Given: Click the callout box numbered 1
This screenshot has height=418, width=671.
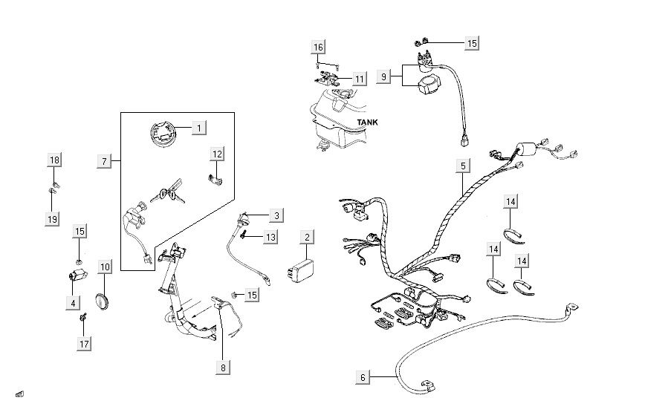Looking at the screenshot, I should pos(198,128).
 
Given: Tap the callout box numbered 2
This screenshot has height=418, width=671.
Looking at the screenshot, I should pos(306,237).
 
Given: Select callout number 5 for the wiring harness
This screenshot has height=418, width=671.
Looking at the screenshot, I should pos(462,165).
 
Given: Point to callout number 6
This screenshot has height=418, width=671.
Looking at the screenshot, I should pos(363,377).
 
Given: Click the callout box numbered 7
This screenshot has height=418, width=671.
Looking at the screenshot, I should pos(105,160).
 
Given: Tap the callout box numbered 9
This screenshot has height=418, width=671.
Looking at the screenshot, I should pos(383,76).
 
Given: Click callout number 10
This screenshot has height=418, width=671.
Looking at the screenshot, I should pos(105,266).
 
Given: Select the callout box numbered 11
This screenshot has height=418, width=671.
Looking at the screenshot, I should pos(359,79).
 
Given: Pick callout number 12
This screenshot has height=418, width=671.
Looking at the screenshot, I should pos(217,154).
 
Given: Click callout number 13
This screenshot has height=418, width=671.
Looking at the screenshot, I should pos(270,236).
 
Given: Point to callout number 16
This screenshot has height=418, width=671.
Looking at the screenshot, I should pos(318,48).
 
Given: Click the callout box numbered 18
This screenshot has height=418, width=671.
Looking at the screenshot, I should pos(54,160).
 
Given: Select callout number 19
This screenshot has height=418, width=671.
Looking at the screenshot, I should pos(52,219).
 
